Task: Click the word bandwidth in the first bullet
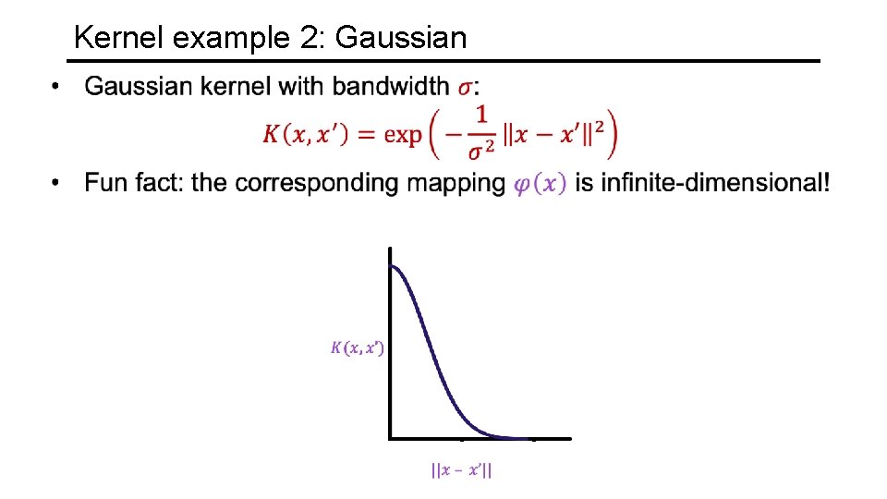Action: pyautogui.click(x=392, y=87)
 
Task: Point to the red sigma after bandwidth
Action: pyautogui.click(x=468, y=88)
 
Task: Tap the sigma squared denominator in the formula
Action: pyautogui.click(x=480, y=149)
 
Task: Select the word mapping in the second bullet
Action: pyautogui.click(x=456, y=183)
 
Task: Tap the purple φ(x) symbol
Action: pyautogui.click(x=540, y=183)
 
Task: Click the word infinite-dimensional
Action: pyautogui.click(x=701, y=183)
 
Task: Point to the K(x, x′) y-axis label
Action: pyautogui.click(x=358, y=348)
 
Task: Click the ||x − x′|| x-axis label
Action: pyautogui.click(x=461, y=471)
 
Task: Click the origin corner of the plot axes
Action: pyautogui.click(x=391, y=437)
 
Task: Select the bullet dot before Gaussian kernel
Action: pyautogui.click(x=57, y=88)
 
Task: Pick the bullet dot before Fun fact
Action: pyautogui.click(x=57, y=183)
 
